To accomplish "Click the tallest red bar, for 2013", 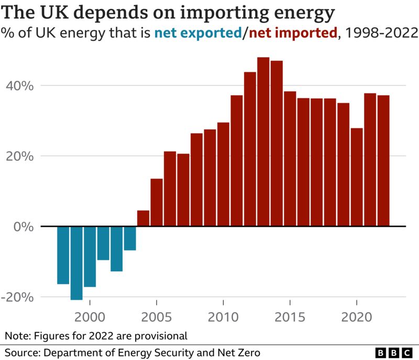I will point(263,141).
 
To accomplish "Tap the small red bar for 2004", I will point(144,219).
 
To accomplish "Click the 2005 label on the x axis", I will point(157,317).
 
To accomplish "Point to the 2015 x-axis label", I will point(290,317).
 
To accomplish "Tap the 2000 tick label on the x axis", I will point(90,317).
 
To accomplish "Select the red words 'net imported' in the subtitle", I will point(293,34).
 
